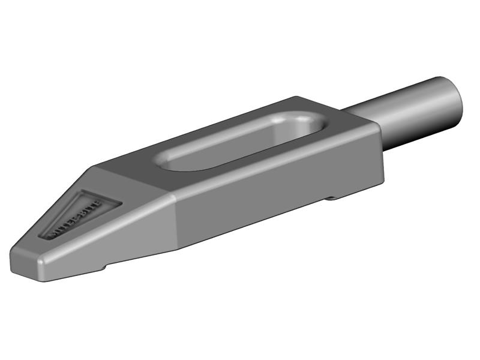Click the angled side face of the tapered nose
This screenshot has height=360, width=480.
(x=120, y=240)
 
